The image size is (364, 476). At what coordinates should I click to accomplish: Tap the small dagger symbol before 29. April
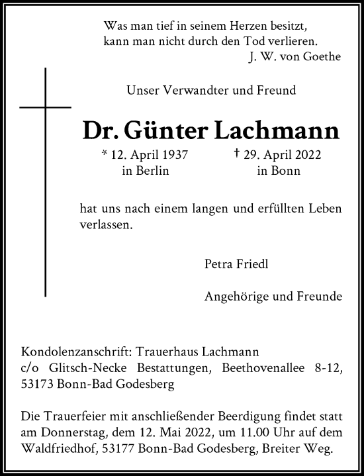tap(237, 155)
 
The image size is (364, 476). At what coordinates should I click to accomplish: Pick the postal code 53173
tap(39, 382)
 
